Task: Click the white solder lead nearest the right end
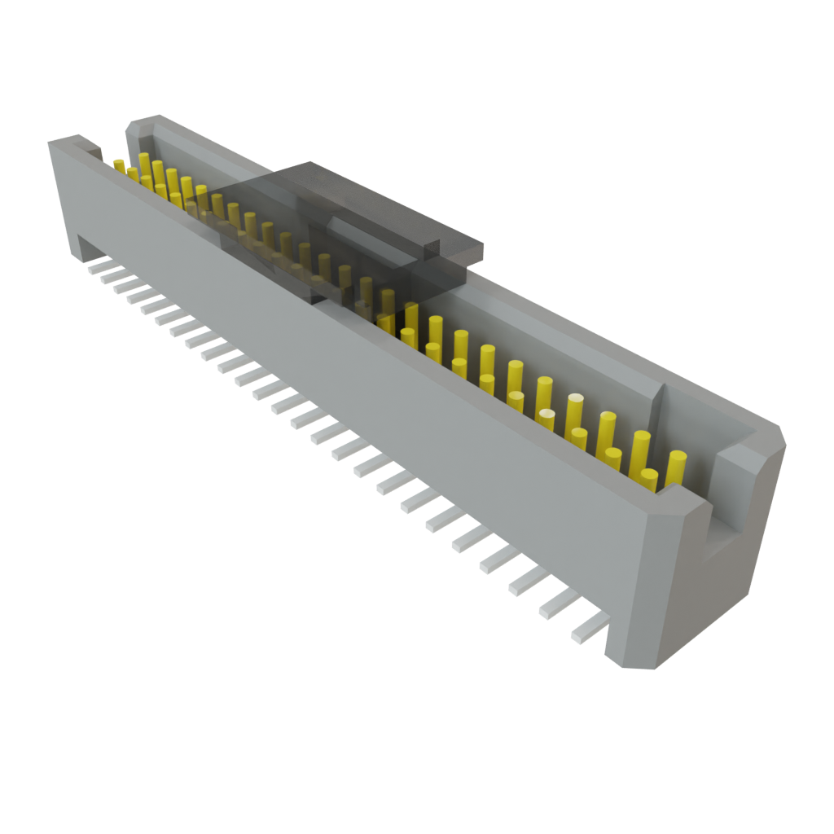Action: [588, 626]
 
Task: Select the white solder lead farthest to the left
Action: [95, 266]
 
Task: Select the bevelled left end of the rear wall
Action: [137, 126]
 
